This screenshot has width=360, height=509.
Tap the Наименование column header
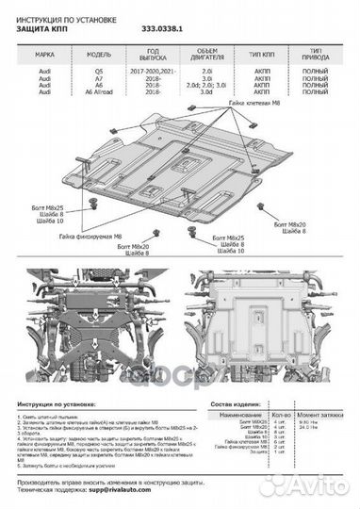[240, 414]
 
